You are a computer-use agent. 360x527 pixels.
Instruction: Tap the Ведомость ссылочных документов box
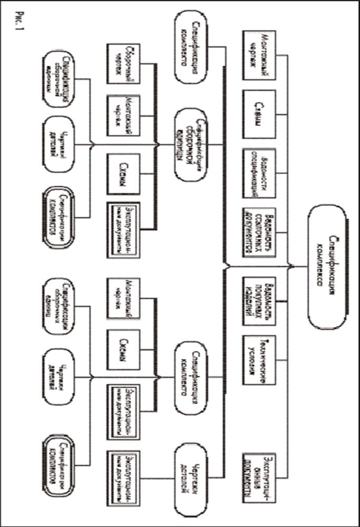pos(259,228)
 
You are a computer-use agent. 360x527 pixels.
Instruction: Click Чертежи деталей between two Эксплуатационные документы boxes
pos(188,469)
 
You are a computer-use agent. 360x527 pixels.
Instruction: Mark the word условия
pos(252,359)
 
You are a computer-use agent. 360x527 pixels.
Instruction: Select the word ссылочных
pos(259,228)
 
